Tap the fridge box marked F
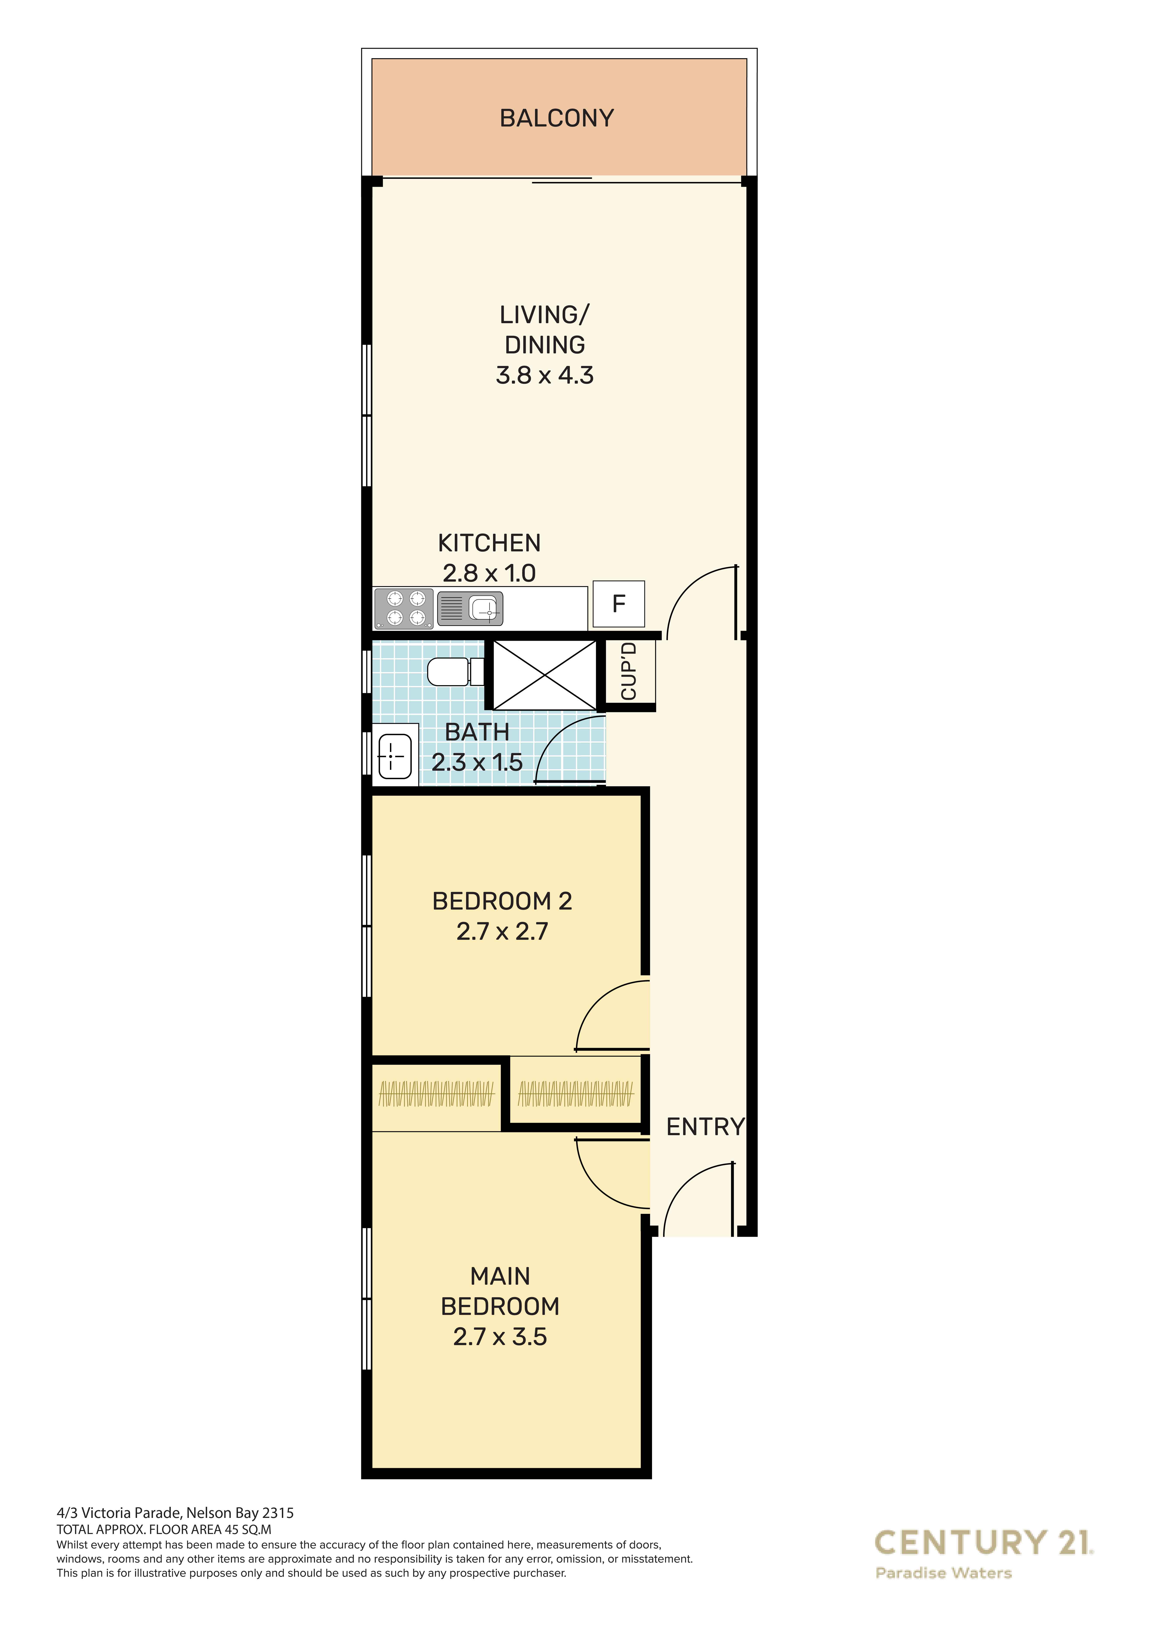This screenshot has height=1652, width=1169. click(618, 604)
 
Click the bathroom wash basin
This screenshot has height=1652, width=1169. click(395, 755)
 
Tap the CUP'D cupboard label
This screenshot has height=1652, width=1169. click(628, 671)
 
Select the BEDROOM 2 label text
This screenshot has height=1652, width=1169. click(502, 901)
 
